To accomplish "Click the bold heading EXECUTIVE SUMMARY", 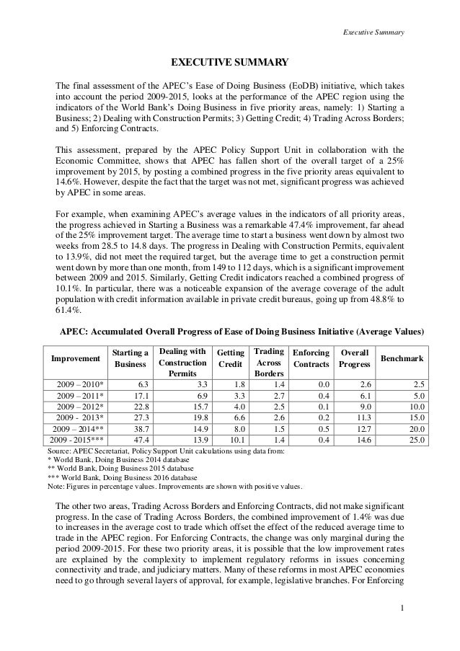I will click(x=229, y=62).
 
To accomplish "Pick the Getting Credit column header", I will click(x=231, y=358).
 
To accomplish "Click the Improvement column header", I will click(x=74, y=358).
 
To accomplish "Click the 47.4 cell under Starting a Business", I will click(x=138, y=439).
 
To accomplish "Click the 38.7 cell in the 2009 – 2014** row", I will click(x=138, y=428).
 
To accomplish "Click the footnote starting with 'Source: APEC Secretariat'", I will click(x=164, y=451).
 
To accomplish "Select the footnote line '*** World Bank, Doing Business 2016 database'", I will click(x=121, y=476).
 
